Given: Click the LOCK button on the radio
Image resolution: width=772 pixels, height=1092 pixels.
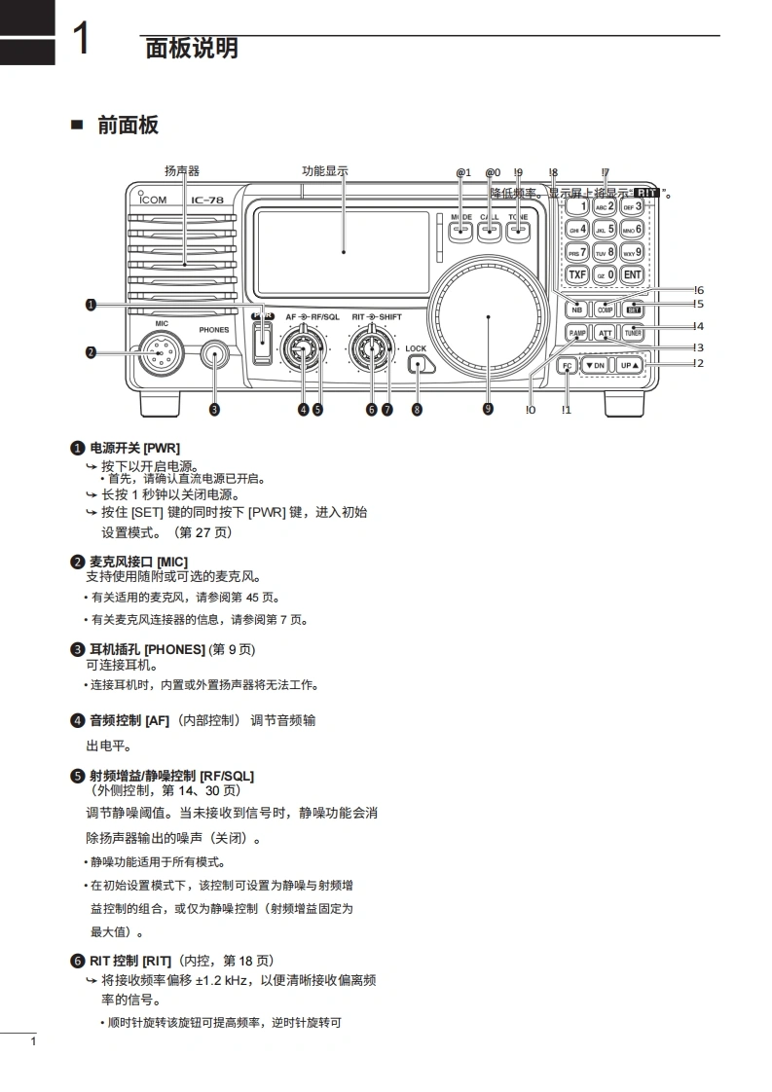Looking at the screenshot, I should pos(420,366).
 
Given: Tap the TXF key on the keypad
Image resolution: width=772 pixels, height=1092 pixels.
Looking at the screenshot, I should pos(577,274).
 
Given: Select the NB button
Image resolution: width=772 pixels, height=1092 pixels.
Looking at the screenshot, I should pos(576,309).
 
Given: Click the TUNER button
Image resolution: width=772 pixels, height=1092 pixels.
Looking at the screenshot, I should pos(633,332).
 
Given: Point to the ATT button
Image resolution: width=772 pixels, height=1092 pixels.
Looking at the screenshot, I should pos(605,332).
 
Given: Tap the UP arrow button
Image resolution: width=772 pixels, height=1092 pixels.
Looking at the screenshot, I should pos(630,366).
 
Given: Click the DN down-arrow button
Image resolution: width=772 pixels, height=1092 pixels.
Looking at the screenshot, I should pos(595,366).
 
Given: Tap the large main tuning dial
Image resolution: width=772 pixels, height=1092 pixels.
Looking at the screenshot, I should pos(488,317).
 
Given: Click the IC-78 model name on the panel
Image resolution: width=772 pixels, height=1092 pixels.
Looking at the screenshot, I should pos(208,200).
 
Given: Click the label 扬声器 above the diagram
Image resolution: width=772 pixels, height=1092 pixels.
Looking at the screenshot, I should pos(182,171).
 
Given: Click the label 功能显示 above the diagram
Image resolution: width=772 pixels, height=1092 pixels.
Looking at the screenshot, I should pos(325,171).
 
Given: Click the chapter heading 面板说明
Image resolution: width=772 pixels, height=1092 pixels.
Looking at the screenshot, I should pos(191,48).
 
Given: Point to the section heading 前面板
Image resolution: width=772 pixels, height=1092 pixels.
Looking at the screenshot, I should pos(128,126).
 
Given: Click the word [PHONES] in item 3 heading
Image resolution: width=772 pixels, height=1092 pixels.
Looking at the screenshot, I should pos(174,649).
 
